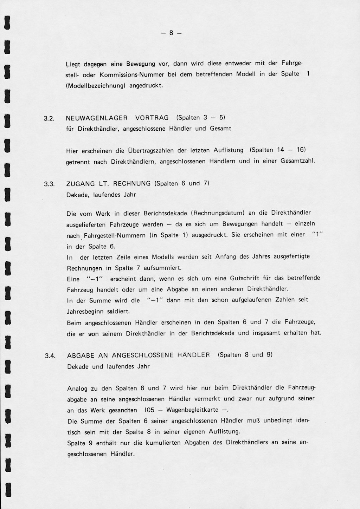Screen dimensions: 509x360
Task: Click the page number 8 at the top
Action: point(171,33)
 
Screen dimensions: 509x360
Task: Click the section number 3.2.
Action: point(49,118)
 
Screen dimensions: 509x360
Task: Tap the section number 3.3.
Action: point(49,184)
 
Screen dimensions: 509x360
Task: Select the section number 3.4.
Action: point(50,356)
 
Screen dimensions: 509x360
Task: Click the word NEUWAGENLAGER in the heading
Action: point(93,118)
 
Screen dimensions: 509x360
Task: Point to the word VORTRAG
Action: point(152,118)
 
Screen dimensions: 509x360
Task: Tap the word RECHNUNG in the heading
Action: point(132,183)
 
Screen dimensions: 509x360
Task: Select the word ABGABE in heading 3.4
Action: point(81,355)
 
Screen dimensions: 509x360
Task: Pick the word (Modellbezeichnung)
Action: point(96,85)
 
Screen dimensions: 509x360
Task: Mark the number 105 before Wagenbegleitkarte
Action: point(149,410)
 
